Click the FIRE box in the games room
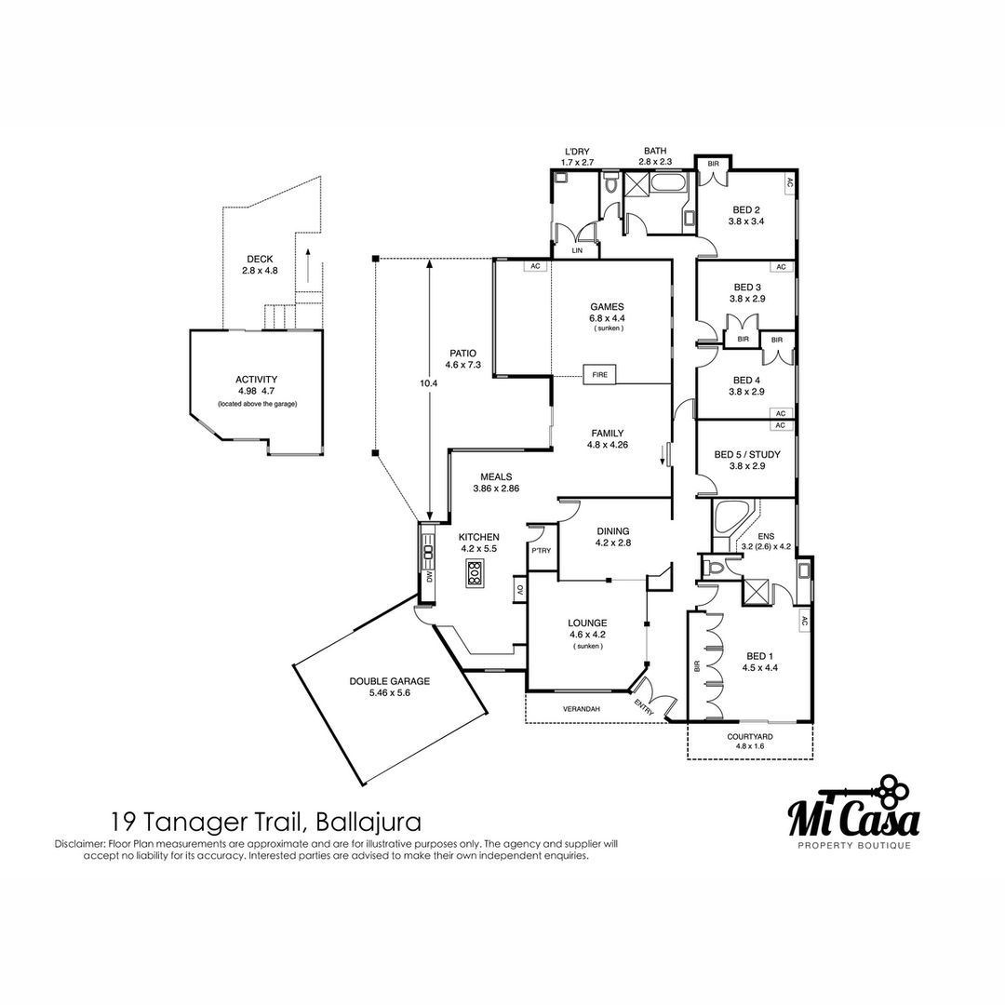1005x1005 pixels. click(599, 374)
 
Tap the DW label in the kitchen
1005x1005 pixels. click(429, 577)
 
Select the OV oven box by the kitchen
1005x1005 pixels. click(520, 589)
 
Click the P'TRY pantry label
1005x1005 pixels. click(542, 550)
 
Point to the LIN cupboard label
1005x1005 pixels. click(577, 250)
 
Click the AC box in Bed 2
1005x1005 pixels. click(789, 182)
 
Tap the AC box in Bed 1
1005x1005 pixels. click(804, 621)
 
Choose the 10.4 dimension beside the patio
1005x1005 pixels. click(428, 383)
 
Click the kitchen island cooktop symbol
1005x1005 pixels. click(474, 572)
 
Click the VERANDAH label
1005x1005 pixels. click(582, 709)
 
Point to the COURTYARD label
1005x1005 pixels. click(750, 737)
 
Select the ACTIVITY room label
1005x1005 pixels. click(257, 380)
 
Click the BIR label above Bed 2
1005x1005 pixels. click(714, 164)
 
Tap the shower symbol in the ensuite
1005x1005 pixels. click(753, 591)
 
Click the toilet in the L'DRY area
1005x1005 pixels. click(610, 182)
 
